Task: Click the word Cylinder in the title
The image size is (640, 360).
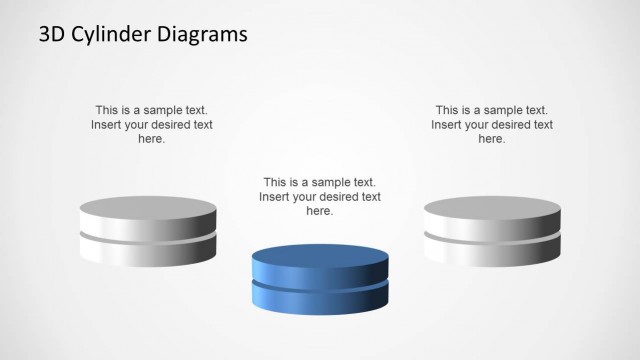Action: [x=116, y=35]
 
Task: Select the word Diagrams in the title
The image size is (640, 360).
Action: [x=203, y=35]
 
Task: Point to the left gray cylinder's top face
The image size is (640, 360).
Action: [x=148, y=209]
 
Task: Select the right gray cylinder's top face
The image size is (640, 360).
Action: [x=491, y=209]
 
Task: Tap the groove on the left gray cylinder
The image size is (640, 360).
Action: [x=148, y=238]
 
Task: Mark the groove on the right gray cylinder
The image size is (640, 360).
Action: [x=491, y=238]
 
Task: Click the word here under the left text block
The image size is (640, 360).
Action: [x=152, y=139]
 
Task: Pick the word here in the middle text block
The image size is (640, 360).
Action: [x=319, y=211]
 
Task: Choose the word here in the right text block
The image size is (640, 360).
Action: [x=492, y=139]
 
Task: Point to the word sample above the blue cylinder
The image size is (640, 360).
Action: [x=326, y=183]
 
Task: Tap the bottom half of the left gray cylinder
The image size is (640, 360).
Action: [x=148, y=254]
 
